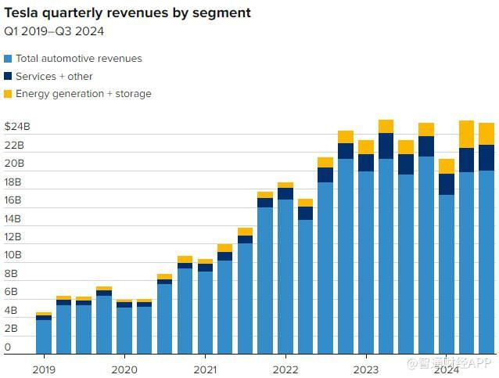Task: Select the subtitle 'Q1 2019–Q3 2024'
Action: pos(55,31)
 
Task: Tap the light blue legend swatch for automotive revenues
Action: pos(8,59)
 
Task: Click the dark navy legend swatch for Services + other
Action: pos(8,77)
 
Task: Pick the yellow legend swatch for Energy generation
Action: pos(8,94)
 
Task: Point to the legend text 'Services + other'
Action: pos(54,77)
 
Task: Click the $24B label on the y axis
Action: pos(16,127)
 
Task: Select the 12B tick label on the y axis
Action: pos(14,237)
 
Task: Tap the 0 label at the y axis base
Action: pos(8,347)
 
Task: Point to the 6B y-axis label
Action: pos(11,292)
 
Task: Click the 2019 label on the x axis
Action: pos(44,368)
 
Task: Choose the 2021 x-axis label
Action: pos(205,368)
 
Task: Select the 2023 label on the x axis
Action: pos(365,368)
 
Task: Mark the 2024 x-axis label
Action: pos(446,368)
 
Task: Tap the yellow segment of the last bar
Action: pos(486,134)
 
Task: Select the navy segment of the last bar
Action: pos(486,157)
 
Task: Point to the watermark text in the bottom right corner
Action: pos(449,362)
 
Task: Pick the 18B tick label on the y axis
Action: pos(14,182)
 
